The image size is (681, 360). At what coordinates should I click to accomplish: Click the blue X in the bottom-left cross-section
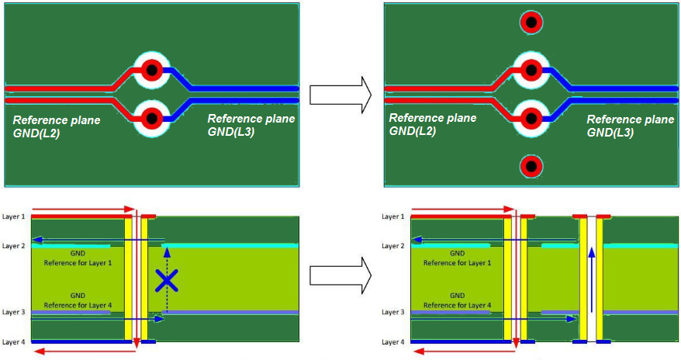[166, 280]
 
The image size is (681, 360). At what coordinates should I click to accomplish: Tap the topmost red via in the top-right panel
[531, 22]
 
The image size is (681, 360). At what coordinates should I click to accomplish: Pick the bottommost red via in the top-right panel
[531, 165]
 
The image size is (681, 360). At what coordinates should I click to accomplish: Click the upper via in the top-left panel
[152, 71]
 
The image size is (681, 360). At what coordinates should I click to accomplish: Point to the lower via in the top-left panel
[152, 119]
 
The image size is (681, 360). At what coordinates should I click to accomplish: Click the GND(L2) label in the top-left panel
[36, 133]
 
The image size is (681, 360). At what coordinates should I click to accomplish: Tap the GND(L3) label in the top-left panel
[231, 132]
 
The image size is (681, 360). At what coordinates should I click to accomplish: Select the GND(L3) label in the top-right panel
[610, 132]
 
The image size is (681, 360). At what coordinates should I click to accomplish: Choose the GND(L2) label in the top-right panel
[412, 131]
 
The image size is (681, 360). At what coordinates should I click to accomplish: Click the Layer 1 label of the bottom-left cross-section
[15, 216]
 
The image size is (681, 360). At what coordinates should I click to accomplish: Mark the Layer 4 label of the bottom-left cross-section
[15, 342]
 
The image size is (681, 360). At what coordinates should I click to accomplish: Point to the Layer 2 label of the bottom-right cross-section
[394, 246]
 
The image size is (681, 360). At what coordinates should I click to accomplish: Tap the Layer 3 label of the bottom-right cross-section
[394, 312]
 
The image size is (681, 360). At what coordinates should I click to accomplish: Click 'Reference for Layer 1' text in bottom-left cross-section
[78, 264]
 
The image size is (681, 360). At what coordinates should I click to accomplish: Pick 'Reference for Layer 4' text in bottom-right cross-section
[457, 305]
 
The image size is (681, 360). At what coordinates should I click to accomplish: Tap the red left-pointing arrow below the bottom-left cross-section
[78, 352]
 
